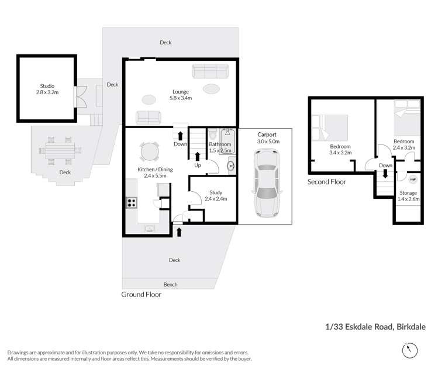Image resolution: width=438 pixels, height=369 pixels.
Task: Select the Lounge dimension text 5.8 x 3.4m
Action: [x=181, y=98]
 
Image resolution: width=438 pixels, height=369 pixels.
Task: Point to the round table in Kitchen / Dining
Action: [x=149, y=152]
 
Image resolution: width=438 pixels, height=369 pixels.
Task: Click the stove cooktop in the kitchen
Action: [x=132, y=203]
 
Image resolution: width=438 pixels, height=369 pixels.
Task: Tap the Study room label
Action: [x=216, y=192]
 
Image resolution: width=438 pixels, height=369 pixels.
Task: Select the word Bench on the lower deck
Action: [x=170, y=284]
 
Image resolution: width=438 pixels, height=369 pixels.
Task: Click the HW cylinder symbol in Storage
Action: [x=413, y=180]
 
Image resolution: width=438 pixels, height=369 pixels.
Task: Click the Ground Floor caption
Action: [x=141, y=295]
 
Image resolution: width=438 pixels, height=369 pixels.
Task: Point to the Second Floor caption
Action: [x=327, y=182]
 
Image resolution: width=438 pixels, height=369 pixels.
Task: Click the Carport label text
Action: [x=267, y=135]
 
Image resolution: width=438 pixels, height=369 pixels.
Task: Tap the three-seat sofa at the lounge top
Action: [x=210, y=71]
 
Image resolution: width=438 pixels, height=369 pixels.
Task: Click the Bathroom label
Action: [x=220, y=144]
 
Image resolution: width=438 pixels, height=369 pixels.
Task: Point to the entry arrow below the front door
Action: [x=179, y=233]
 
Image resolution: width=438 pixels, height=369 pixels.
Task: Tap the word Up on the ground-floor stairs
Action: [x=198, y=165]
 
